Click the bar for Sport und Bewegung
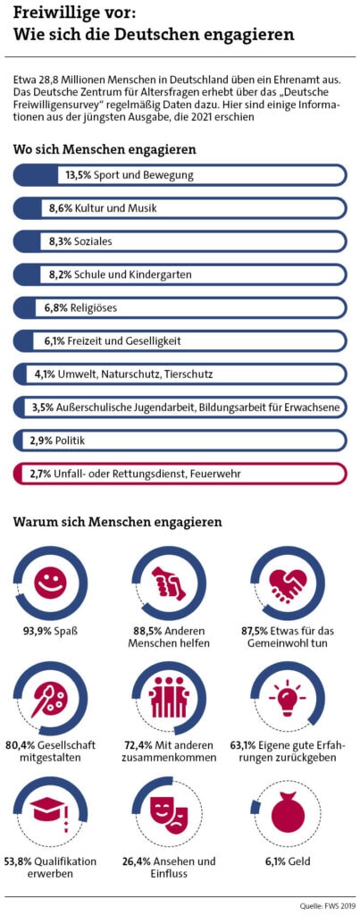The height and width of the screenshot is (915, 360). [x=180, y=175]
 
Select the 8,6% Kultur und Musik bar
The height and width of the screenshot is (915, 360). [x=180, y=208]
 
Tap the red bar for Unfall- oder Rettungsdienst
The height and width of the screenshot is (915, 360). [x=180, y=473]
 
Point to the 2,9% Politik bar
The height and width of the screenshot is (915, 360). [x=180, y=440]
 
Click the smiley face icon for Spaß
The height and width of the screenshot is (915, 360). [x=50, y=583]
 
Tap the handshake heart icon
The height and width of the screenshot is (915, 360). [x=288, y=583]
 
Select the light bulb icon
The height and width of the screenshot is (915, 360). [x=288, y=699]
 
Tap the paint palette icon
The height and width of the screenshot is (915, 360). [x=50, y=699]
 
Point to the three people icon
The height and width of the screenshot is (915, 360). [x=168, y=699]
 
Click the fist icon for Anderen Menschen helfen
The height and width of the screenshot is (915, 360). [x=168, y=583]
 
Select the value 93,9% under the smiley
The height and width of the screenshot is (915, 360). [x=38, y=631]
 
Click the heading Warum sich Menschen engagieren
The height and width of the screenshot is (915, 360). [x=117, y=521]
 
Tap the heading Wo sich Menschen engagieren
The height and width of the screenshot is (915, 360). [x=105, y=149]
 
